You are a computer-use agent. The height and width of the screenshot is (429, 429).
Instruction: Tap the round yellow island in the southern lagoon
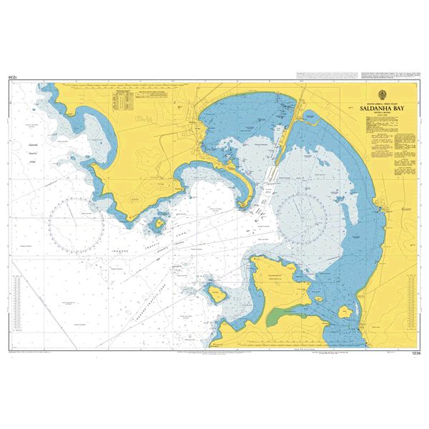pyautogui.click(x=345, y=312)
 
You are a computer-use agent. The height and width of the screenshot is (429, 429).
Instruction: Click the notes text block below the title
pyautogui.click(x=383, y=136)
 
